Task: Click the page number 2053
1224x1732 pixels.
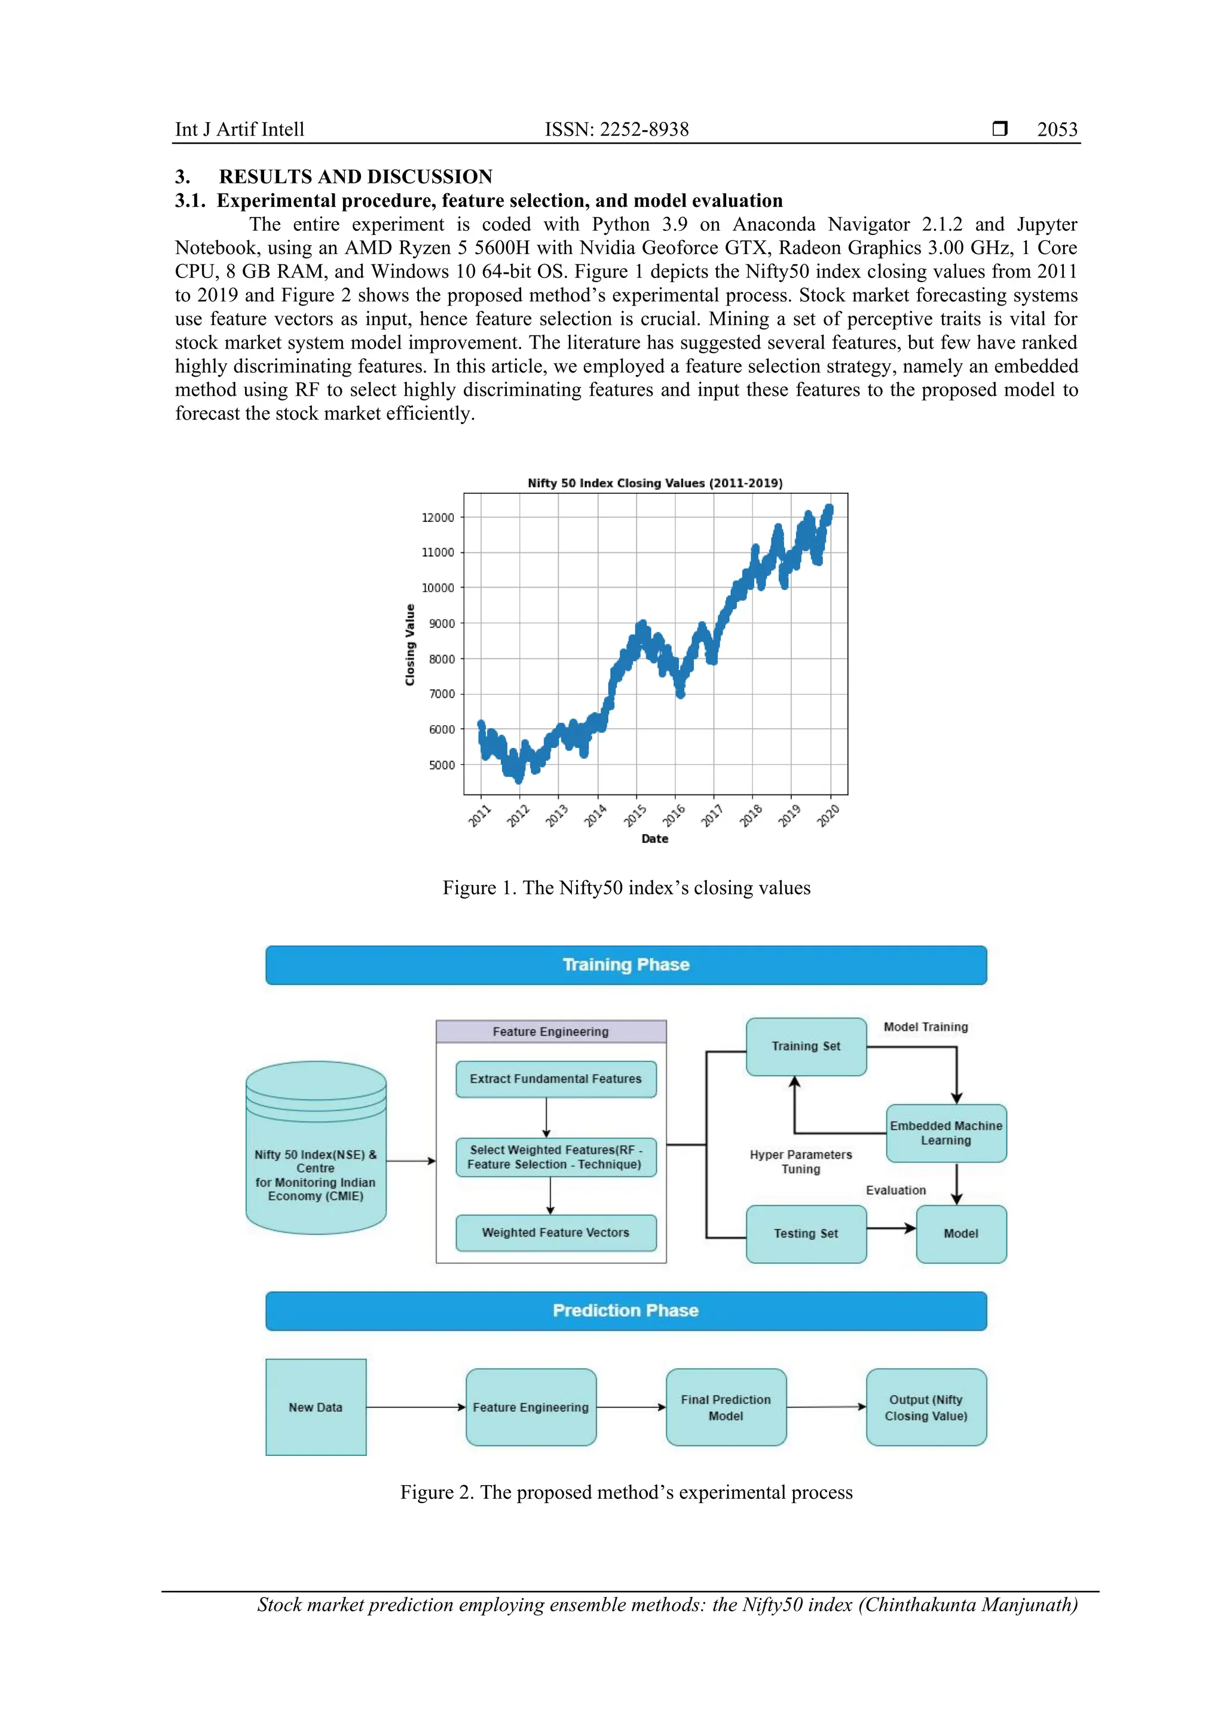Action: tap(1056, 130)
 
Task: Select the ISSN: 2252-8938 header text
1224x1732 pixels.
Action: tap(616, 130)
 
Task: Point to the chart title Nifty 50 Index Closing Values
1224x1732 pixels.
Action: tap(654, 483)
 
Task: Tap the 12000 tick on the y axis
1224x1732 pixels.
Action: tap(438, 518)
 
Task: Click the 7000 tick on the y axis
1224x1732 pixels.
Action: tap(441, 694)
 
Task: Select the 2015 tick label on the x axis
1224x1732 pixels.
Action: tap(635, 815)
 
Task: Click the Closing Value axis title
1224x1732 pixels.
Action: tap(410, 645)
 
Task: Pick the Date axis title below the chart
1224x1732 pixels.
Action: tap(654, 838)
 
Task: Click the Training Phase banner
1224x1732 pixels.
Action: tap(626, 965)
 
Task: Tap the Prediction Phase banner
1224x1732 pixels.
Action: tap(626, 1311)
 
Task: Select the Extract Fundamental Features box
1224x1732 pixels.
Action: tap(555, 1079)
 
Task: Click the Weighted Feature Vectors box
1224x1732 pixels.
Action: tap(555, 1233)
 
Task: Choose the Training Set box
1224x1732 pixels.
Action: tap(806, 1046)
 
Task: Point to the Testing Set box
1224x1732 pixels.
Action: tap(806, 1233)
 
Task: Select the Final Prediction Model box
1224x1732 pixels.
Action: tap(726, 1407)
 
